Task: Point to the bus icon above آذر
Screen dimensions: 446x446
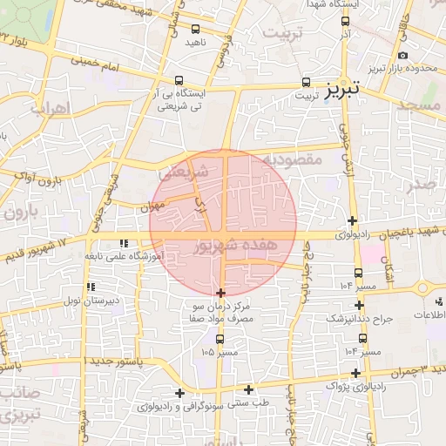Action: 346,22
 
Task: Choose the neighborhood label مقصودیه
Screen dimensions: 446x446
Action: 293,160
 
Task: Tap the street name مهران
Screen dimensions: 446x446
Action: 152,207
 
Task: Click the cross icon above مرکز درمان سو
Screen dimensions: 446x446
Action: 220,293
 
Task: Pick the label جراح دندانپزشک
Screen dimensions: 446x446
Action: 360,319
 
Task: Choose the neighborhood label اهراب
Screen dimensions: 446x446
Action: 49,110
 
